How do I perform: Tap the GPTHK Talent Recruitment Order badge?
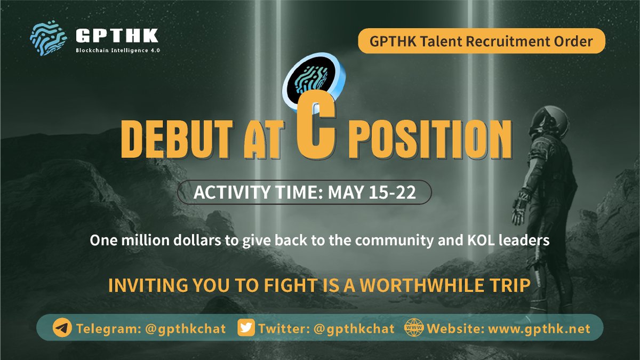coord(482,41)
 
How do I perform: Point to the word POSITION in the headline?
coord(427,141)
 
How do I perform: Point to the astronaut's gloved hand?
coord(519,211)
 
